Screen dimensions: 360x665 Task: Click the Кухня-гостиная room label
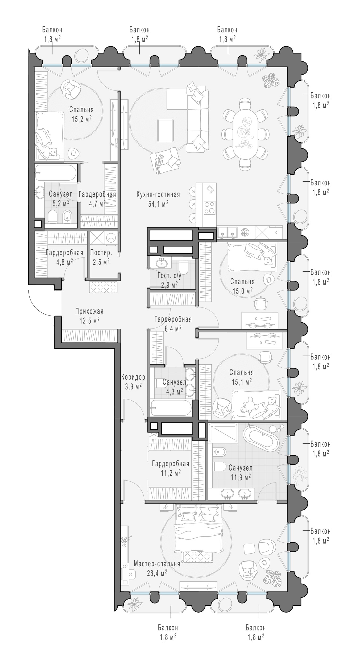coord(158,194)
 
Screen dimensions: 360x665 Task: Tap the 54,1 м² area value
coord(158,204)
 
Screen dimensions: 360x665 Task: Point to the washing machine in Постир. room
coord(110,238)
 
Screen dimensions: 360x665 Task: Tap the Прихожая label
coord(89,311)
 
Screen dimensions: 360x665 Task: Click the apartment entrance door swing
coord(40,302)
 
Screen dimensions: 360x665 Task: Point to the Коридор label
coord(133,377)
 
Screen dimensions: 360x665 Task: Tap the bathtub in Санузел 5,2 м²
coord(56,173)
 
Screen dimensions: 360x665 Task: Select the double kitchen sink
coord(227,232)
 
